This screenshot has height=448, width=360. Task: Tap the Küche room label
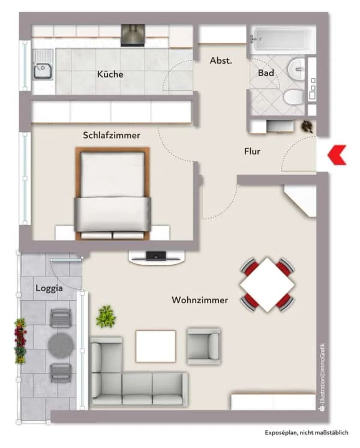pos(110,74)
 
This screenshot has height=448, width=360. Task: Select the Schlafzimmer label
pos(112,135)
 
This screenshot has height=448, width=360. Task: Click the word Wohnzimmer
pos(200,300)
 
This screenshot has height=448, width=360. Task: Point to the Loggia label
pos(49,288)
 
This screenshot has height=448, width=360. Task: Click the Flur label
pos(252,151)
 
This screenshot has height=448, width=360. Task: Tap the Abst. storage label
pos(221,61)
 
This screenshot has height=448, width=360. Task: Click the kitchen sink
pos(43,69)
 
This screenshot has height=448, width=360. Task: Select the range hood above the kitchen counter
pos(133,35)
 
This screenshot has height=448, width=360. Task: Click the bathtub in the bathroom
pos(279,40)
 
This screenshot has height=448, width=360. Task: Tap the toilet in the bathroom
pos(293,97)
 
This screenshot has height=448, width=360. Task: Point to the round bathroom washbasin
pos(296,68)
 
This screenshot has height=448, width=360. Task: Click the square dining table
pos(268,285)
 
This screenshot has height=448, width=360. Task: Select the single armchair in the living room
pos(203,346)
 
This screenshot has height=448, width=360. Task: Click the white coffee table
pos(155,347)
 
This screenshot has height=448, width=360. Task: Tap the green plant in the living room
pos(106,316)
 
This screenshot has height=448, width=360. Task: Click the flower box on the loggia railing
pos(20,342)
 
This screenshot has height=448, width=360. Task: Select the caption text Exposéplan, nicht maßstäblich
pos(307,432)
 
